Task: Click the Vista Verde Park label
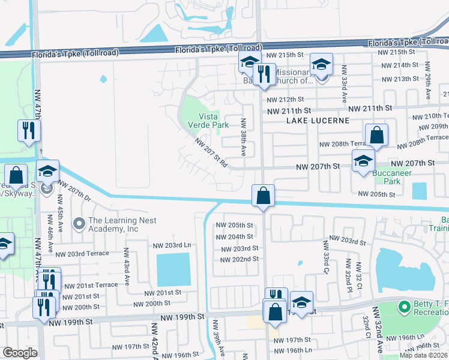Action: pyautogui.click(x=213, y=121)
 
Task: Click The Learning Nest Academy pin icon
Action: pyautogui.click(x=79, y=224)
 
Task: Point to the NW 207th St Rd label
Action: pyautogui.click(x=211, y=152)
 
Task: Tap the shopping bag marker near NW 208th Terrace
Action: pyautogui.click(x=376, y=136)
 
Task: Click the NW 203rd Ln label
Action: pyautogui.click(x=172, y=245)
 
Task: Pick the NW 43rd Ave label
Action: pyautogui.click(x=127, y=266)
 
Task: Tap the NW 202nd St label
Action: pyautogui.click(x=239, y=259)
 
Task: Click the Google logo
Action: pyautogui.click(x=20, y=353)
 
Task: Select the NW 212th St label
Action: pyautogui.click(x=285, y=100)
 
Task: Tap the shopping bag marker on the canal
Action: pyautogui.click(x=263, y=196)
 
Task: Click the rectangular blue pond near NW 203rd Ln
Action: pyautogui.click(x=173, y=269)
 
